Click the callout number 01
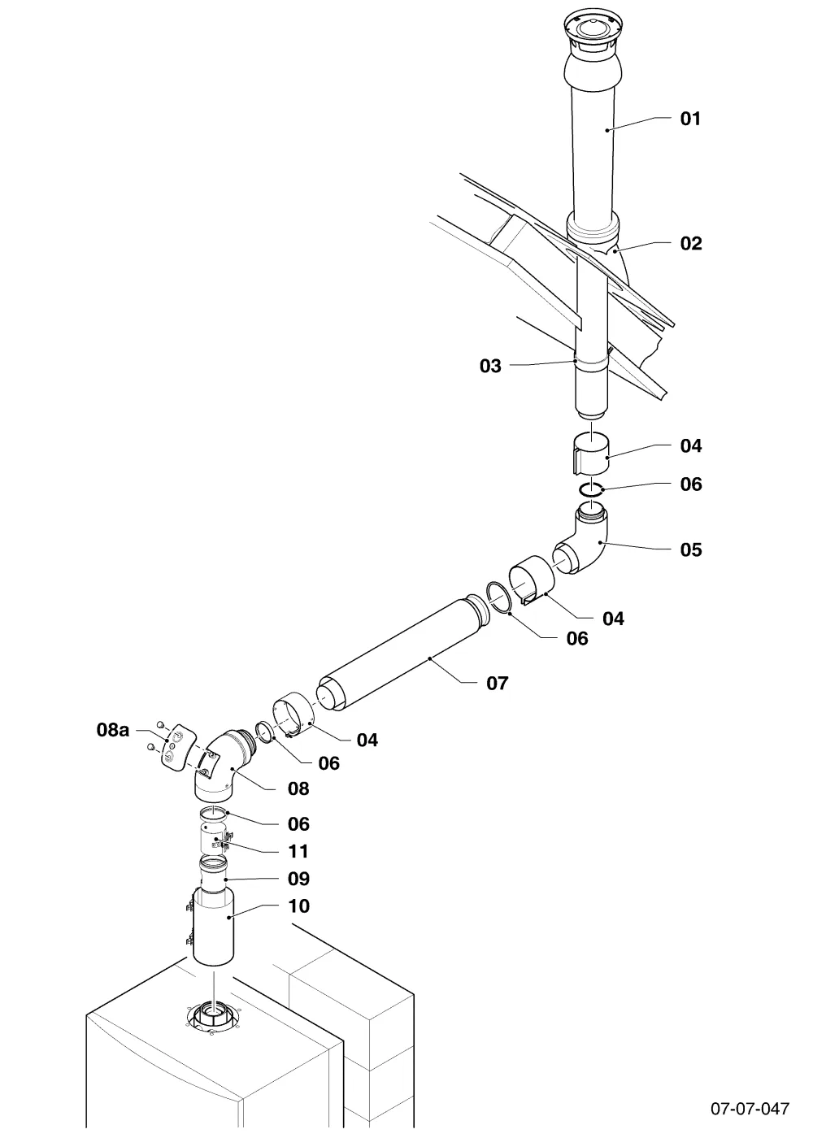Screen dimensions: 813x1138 pos(690,119)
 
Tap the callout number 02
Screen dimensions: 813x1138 pos(690,243)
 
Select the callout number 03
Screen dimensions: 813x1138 pos(490,366)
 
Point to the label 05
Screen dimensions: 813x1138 pos(690,549)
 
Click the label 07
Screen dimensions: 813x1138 pos(497,684)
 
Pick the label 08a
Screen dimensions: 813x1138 pos(113,730)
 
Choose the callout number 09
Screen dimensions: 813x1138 pos(298,879)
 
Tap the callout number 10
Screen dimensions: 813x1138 pos(298,906)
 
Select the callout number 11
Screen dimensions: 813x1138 pos(298,851)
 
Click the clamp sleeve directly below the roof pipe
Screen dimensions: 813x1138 pos(592,454)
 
